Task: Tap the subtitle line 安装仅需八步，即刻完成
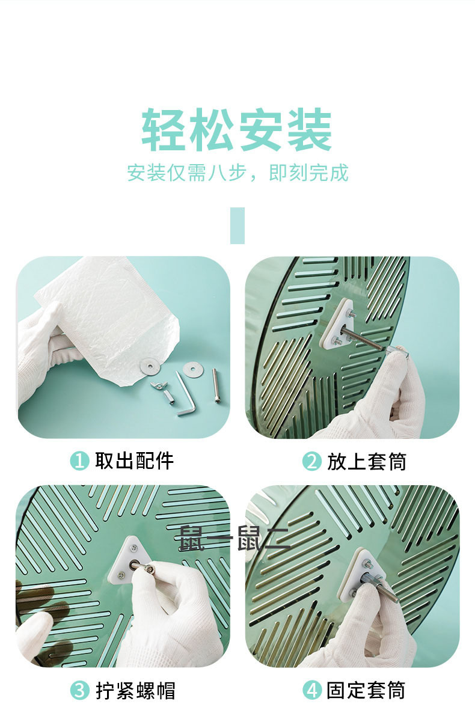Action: coord(237,173)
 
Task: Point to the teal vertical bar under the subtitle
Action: coord(237,225)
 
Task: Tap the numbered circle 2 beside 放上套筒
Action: coord(311,462)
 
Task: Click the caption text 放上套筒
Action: coord(367,462)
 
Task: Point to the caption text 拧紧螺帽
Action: coord(135,690)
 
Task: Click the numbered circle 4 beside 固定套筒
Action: coord(311,690)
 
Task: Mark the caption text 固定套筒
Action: coord(367,690)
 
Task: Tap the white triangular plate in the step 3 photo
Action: coord(129,562)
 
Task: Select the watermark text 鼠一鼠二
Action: coord(234,537)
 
